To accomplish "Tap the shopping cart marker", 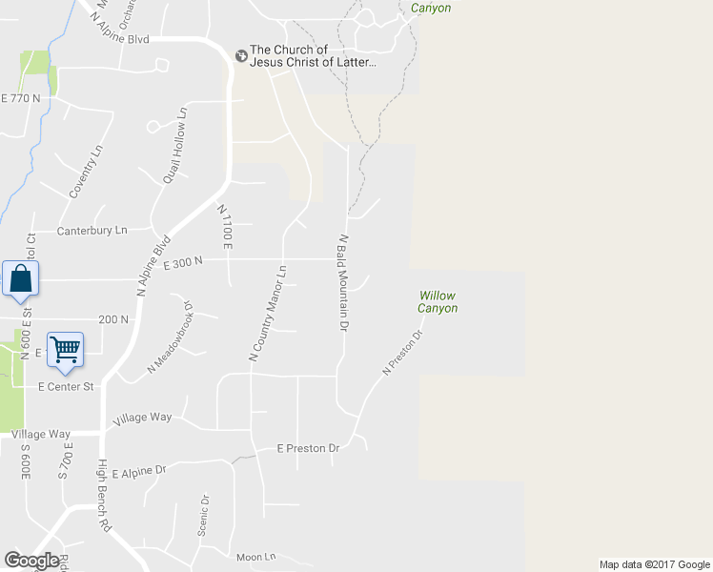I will [65, 349].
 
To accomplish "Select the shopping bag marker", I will [20, 279].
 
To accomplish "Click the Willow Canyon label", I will [438, 302].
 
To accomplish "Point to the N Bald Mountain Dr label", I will [342, 283].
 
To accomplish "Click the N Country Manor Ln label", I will [268, 313].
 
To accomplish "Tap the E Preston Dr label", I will [308, 448].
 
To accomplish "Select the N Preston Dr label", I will [401, 353].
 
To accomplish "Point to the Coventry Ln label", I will [85, 173].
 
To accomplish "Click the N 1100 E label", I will [226, 227].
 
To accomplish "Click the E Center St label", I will [65, 387].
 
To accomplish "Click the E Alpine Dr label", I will [138, 471].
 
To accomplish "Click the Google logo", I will [31, 561].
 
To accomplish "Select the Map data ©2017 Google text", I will [654, 564].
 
